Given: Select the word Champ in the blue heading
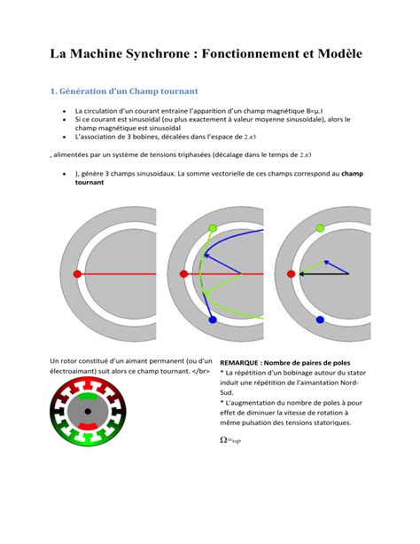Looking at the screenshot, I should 154,91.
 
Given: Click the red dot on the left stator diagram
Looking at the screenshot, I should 77,274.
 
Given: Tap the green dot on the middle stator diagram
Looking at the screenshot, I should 212,229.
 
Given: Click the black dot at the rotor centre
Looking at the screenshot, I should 88,411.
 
